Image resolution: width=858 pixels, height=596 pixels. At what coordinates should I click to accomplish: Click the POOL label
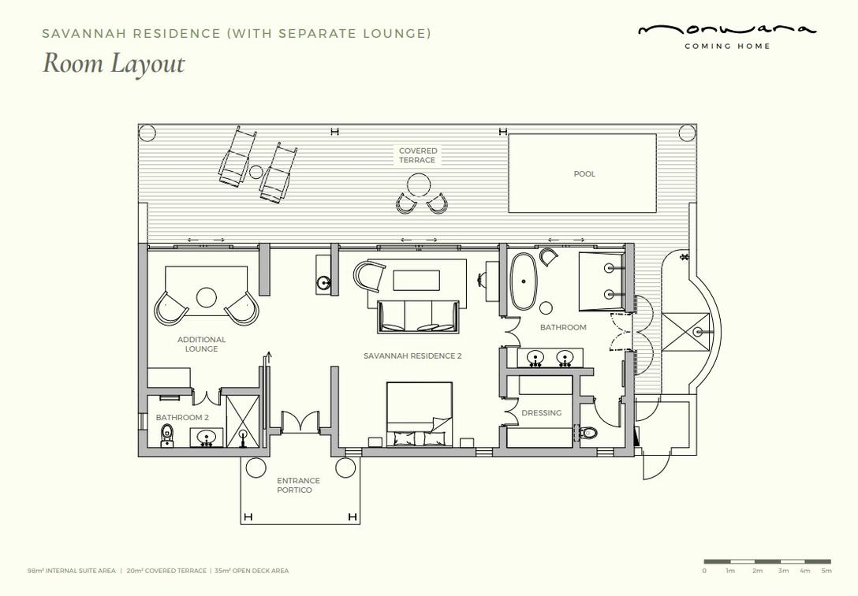pyautogui.click(x=584, y=174)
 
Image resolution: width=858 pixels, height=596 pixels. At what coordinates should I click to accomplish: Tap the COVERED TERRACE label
pyautogui.click(x=417, y=155)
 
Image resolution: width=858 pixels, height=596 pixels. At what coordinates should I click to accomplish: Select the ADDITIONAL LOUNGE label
pyautogui.click(x=201, y=344)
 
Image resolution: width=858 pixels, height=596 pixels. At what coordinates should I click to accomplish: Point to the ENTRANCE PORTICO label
pyautogui.click(x=298, y=485)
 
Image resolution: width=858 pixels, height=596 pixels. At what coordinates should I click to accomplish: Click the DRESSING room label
pyautogui.click(x=541, y=413)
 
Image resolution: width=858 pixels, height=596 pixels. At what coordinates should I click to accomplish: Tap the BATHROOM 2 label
pyautogui.click(x=182, y=417)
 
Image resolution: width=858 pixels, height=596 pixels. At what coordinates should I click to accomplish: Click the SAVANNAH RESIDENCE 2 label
pyautogui.click(x=412, y=356)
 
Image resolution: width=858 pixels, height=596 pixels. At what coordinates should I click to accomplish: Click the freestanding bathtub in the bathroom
pyautogui.click(x=524, y=281)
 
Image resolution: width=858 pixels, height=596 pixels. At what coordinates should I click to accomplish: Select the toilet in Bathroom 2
pyautogui.click(x=167, y=436)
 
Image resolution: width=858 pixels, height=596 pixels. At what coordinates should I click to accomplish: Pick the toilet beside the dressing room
pyautogui.click(x=587, y=434)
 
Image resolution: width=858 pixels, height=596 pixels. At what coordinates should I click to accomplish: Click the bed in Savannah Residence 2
pyautogui.click(x=420, y=414)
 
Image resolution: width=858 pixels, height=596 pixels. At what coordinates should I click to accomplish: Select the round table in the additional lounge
pyautogui.click(x=207, y=298)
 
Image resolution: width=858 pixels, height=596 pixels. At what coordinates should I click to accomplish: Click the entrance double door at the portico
pyautogui.click(x=300, y=422)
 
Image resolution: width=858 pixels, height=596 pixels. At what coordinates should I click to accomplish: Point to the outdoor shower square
pyautogui.click(x=685, y=332)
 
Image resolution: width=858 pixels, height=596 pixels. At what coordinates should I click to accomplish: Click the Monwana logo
pyautogui.click(x=727, y=35)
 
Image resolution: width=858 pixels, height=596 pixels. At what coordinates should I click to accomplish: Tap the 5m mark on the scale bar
pyautogui.click(x=826, y=571)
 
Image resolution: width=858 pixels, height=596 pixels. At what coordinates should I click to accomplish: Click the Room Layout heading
pyautogui.click(x=114, y=63)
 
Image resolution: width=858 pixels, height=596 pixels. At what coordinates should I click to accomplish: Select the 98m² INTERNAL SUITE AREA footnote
pyautogui.click(x=72, y=571)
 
